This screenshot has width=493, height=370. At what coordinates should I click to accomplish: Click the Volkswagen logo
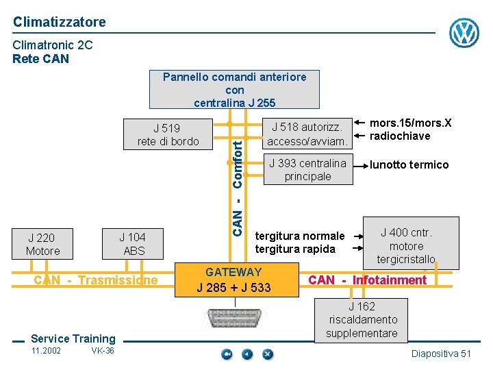[x=464, y=33]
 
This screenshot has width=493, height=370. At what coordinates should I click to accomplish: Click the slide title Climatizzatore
[x=60, y=22]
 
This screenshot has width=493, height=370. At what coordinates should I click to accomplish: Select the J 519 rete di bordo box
[x=168, y=134]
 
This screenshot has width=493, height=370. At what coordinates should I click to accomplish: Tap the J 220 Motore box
[x=43, y=244]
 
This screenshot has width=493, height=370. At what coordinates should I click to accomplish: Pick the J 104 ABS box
[x=134, y=244]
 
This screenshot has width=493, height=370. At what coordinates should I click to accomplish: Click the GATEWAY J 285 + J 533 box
[x=233, y=280]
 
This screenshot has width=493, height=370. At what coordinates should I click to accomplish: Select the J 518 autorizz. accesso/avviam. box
[x=307, y=134]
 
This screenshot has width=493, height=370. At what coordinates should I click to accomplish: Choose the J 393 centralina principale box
[x=307, y=169]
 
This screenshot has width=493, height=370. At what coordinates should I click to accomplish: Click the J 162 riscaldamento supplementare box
[x=362, y=319]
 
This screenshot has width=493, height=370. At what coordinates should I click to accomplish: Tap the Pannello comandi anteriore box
[x=234, y=90]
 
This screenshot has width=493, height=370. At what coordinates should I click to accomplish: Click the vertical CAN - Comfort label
[x=237, y=185]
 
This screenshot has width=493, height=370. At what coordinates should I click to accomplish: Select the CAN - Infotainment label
[x=367, y=280]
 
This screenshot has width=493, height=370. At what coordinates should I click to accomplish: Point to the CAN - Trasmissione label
[x=96, y=280]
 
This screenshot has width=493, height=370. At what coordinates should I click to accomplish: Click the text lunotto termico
[x=409, y=164]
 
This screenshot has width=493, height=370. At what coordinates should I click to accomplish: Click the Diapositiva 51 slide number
[x=441, y=354]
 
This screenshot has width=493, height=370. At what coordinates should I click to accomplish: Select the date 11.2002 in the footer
[x=46, y=351]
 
